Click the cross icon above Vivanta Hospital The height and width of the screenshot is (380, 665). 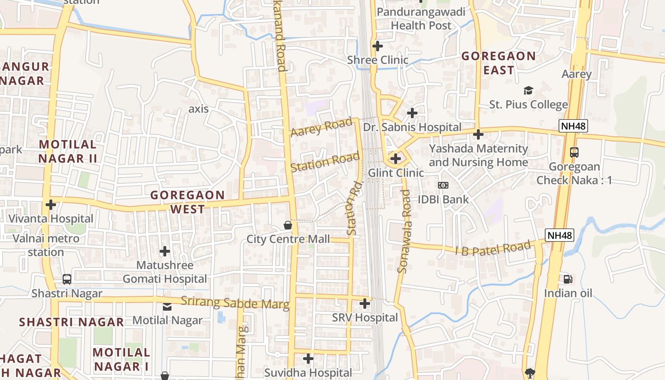pos(50,205)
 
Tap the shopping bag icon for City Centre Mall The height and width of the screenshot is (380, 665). pos(287,225)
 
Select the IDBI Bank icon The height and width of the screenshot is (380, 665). pos(443,185)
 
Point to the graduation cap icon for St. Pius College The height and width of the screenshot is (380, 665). pos(528,90)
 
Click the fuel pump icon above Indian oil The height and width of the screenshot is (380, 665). pos(567,279)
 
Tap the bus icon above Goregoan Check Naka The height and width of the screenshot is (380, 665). pos(574,152)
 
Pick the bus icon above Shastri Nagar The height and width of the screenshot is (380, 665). pos(67,279)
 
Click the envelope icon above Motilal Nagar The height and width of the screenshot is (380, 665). pos(167,307)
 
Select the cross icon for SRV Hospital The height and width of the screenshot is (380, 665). pos(365,303)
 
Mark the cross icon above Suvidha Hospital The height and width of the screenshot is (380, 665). pos(308,358)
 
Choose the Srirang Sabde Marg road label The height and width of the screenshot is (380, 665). pos(235,303)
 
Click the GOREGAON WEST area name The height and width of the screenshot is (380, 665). pos(187,202)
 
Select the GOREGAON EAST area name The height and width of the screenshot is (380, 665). pos(498,63)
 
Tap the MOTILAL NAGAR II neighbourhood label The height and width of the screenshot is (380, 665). pos(68,151)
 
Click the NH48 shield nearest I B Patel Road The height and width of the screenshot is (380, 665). pos(560,235)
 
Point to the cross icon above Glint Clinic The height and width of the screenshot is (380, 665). pos(395,159)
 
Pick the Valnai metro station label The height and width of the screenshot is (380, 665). pos(46,245)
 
